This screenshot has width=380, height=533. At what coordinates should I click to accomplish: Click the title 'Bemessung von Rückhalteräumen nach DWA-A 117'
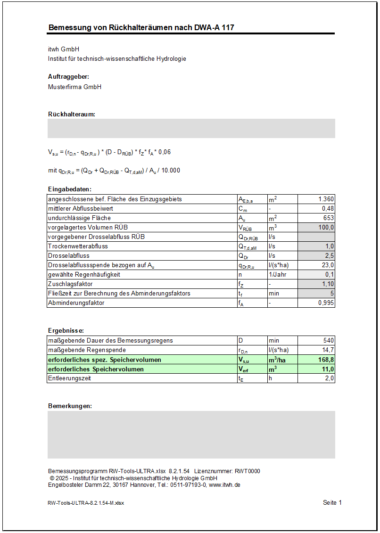pyautogui.click(x=141, y=27)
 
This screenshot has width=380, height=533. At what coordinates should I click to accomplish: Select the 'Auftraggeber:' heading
pyautogui.click(x=69, y=76)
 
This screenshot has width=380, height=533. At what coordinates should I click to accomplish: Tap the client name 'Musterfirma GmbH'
pyautogui.click(x=74, y=87)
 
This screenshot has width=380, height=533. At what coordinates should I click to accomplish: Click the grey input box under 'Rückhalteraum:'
pyautogui.click(x=191, y=128)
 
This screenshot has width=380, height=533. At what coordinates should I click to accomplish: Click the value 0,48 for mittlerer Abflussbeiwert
pyautogui.click(x=328, y=208)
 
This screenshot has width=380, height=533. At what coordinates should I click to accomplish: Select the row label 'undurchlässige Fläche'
pyautogui.click(x=80, y=218)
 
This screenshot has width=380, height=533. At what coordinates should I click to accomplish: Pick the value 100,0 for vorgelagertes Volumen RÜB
pyautogui.click(x=325, y=227)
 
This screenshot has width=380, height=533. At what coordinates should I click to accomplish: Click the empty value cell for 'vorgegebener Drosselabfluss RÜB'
pyautogui.click(x=316, y=237)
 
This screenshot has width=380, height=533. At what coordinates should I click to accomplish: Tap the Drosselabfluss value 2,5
pyautogui.click(x=329, y=255)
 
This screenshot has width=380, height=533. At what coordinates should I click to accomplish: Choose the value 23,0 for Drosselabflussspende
pyautogui.click(x=326, y=265)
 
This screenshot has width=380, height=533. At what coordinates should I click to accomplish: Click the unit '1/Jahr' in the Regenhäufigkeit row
pyautogui.click(x=277, y=274)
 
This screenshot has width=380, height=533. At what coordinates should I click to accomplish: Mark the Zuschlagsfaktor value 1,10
pyautogui.click(x=328, y=284)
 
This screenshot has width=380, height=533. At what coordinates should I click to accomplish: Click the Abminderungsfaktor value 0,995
pyautogui.click(x=325, y=303)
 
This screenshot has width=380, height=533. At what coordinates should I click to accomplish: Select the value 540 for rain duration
pyautogui.click(x=328, y=340)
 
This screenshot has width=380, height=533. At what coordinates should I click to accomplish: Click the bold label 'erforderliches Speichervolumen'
pyautogui.click(x=96, y=369)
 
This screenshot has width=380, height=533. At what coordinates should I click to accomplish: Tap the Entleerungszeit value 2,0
pyautogui.click(x=329, y=378)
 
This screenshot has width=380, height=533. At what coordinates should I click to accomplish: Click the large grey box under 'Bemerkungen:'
pyautogui.click(x=191, y=435)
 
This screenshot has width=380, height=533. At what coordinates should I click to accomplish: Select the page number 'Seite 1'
pyautogui.click(x=332, y=502)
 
